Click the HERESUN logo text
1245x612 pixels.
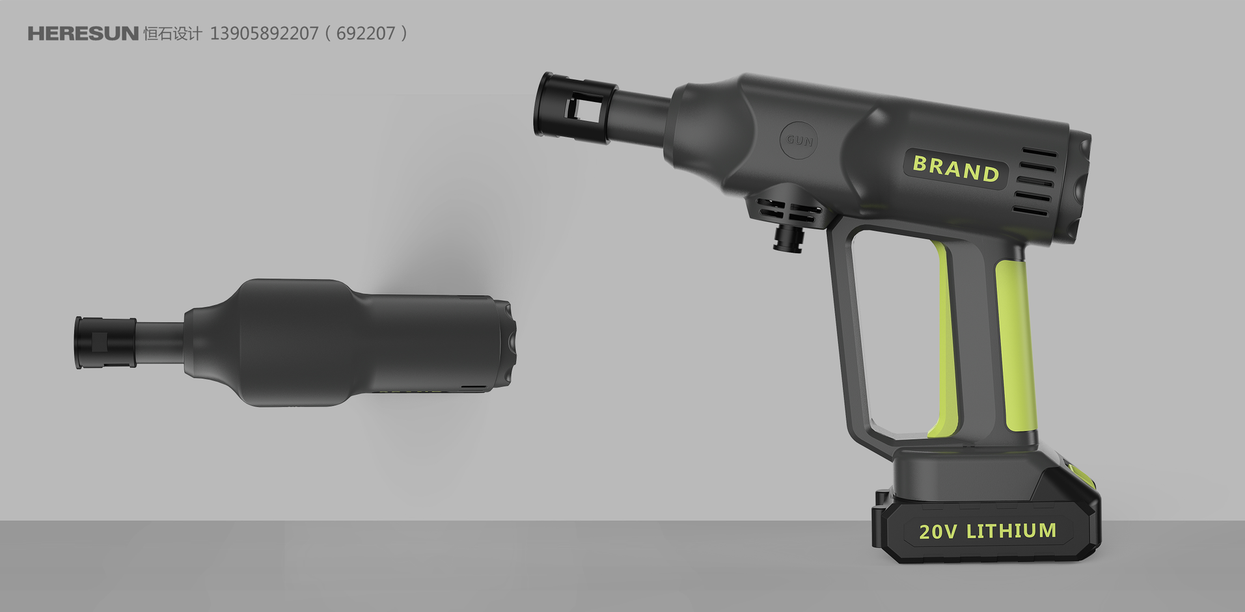tap(83, 34)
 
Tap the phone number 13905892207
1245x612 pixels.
tap(264, 34)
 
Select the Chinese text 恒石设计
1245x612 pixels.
tap(172, 34)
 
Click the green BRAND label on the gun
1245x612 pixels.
tap(955, 168)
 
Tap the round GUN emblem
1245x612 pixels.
tap(799, 140)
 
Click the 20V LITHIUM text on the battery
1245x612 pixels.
tap(987, 531)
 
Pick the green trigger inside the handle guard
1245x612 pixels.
tap(944, 338)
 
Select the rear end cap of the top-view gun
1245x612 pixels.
tap(508, 343)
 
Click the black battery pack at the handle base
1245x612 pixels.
tap(986, 514)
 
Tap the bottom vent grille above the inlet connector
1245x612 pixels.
tap(789, 209)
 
